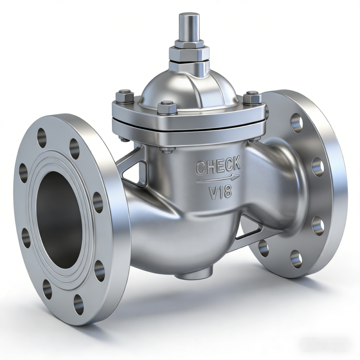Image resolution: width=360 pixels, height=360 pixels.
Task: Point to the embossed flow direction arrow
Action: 218,180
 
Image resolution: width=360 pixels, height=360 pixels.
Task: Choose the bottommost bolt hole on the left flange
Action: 78,304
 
